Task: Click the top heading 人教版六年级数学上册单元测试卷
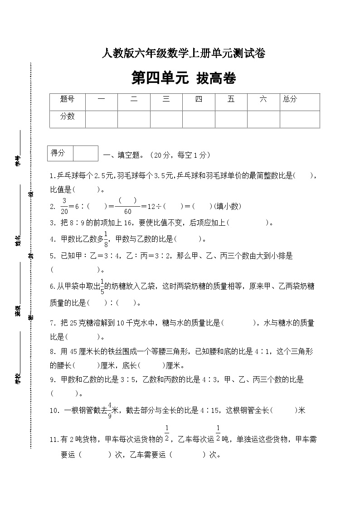pos(184,54)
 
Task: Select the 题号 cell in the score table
pos(67,99)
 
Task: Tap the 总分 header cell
pos(290,99)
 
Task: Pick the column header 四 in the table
pos(199,99)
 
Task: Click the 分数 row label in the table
pos(67,116)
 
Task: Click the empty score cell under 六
pos(263,119)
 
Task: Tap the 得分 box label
pos(58,153)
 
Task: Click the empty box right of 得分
pos(85,153)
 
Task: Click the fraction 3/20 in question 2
pos(64,206)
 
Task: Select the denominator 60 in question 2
pos(127,211)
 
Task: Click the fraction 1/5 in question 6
pos(102,286)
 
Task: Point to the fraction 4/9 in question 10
pos(110,410)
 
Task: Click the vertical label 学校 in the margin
pos(17,379)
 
